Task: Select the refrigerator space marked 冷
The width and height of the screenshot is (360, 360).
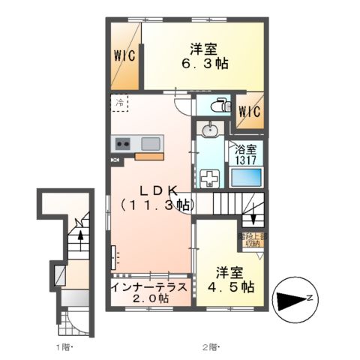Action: point(120,103)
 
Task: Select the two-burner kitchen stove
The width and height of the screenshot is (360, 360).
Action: point(122,143)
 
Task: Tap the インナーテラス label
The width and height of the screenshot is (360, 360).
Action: point(150,286)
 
